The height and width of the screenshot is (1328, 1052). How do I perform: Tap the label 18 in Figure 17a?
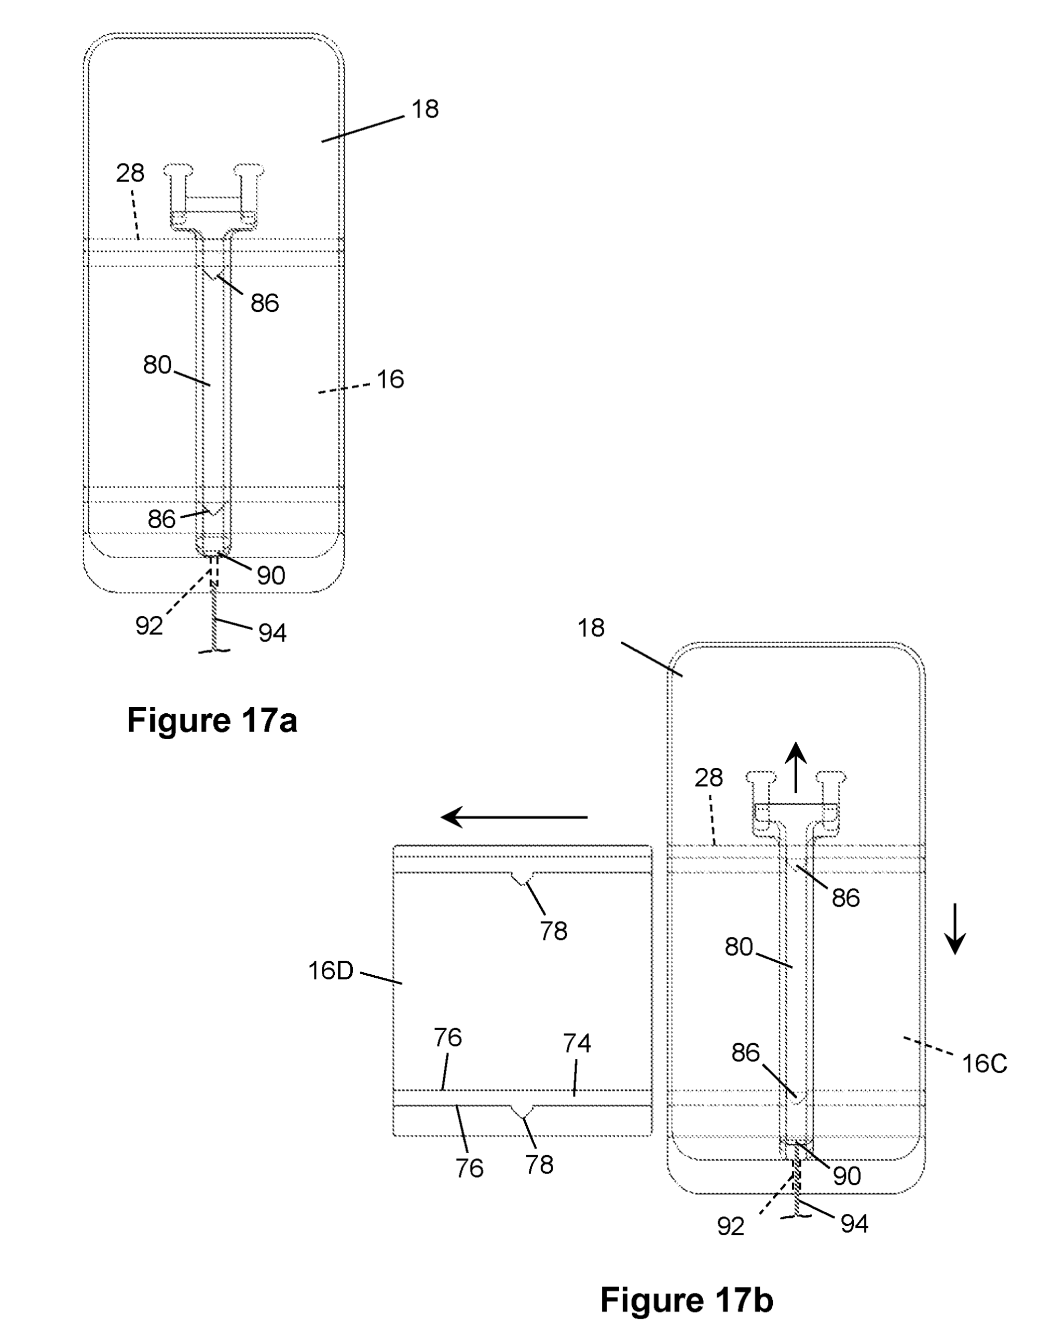click(425, 109)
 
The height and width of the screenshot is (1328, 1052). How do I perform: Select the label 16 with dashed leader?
click(390, 379)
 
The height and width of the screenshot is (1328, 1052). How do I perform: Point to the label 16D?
click(331, 971)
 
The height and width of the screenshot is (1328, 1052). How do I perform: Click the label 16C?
click(984, 1064)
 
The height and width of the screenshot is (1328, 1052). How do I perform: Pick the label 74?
click(577, 1043)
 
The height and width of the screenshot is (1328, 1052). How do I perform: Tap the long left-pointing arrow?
click(514, 818)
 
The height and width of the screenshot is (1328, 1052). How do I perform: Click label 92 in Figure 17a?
click(149, 626)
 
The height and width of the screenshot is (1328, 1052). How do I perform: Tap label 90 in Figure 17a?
click(271, 576)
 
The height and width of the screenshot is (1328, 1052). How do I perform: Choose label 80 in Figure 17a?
click(157, 365)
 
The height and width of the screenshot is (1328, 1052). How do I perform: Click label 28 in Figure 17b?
click(708, 778)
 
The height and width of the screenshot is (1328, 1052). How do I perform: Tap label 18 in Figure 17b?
click(591, 628)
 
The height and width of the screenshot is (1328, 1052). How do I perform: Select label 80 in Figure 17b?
click(739, 946)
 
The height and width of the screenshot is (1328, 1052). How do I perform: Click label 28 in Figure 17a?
click(130, 173)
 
